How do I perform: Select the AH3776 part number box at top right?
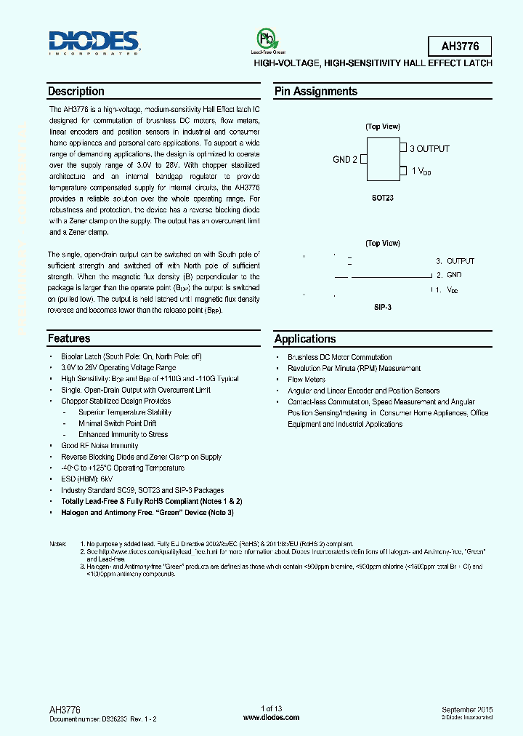click(x=456, y=47)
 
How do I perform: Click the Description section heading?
click(x=76, y=92)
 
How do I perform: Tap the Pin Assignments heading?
click(x=315, y=92)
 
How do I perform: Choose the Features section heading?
click(x=69, y=338)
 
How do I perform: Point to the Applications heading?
click(x=305, y=339)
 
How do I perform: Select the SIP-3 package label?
click(x=382, y=308)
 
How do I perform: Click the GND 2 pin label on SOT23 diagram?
click(x=345, y=159)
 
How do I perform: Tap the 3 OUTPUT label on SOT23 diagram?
click(x=429, y=148)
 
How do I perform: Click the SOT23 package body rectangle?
click(x=381, y=159)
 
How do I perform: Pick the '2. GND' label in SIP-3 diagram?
click(x=448, y=275)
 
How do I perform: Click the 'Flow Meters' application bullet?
click(x=307, y=380)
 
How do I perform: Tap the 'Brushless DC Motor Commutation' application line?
click(x=340, y=357)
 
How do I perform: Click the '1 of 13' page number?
click(x=272, y=708)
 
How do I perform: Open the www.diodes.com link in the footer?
click(x=272, y=717)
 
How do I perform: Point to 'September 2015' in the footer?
click(x=466, y=708)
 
